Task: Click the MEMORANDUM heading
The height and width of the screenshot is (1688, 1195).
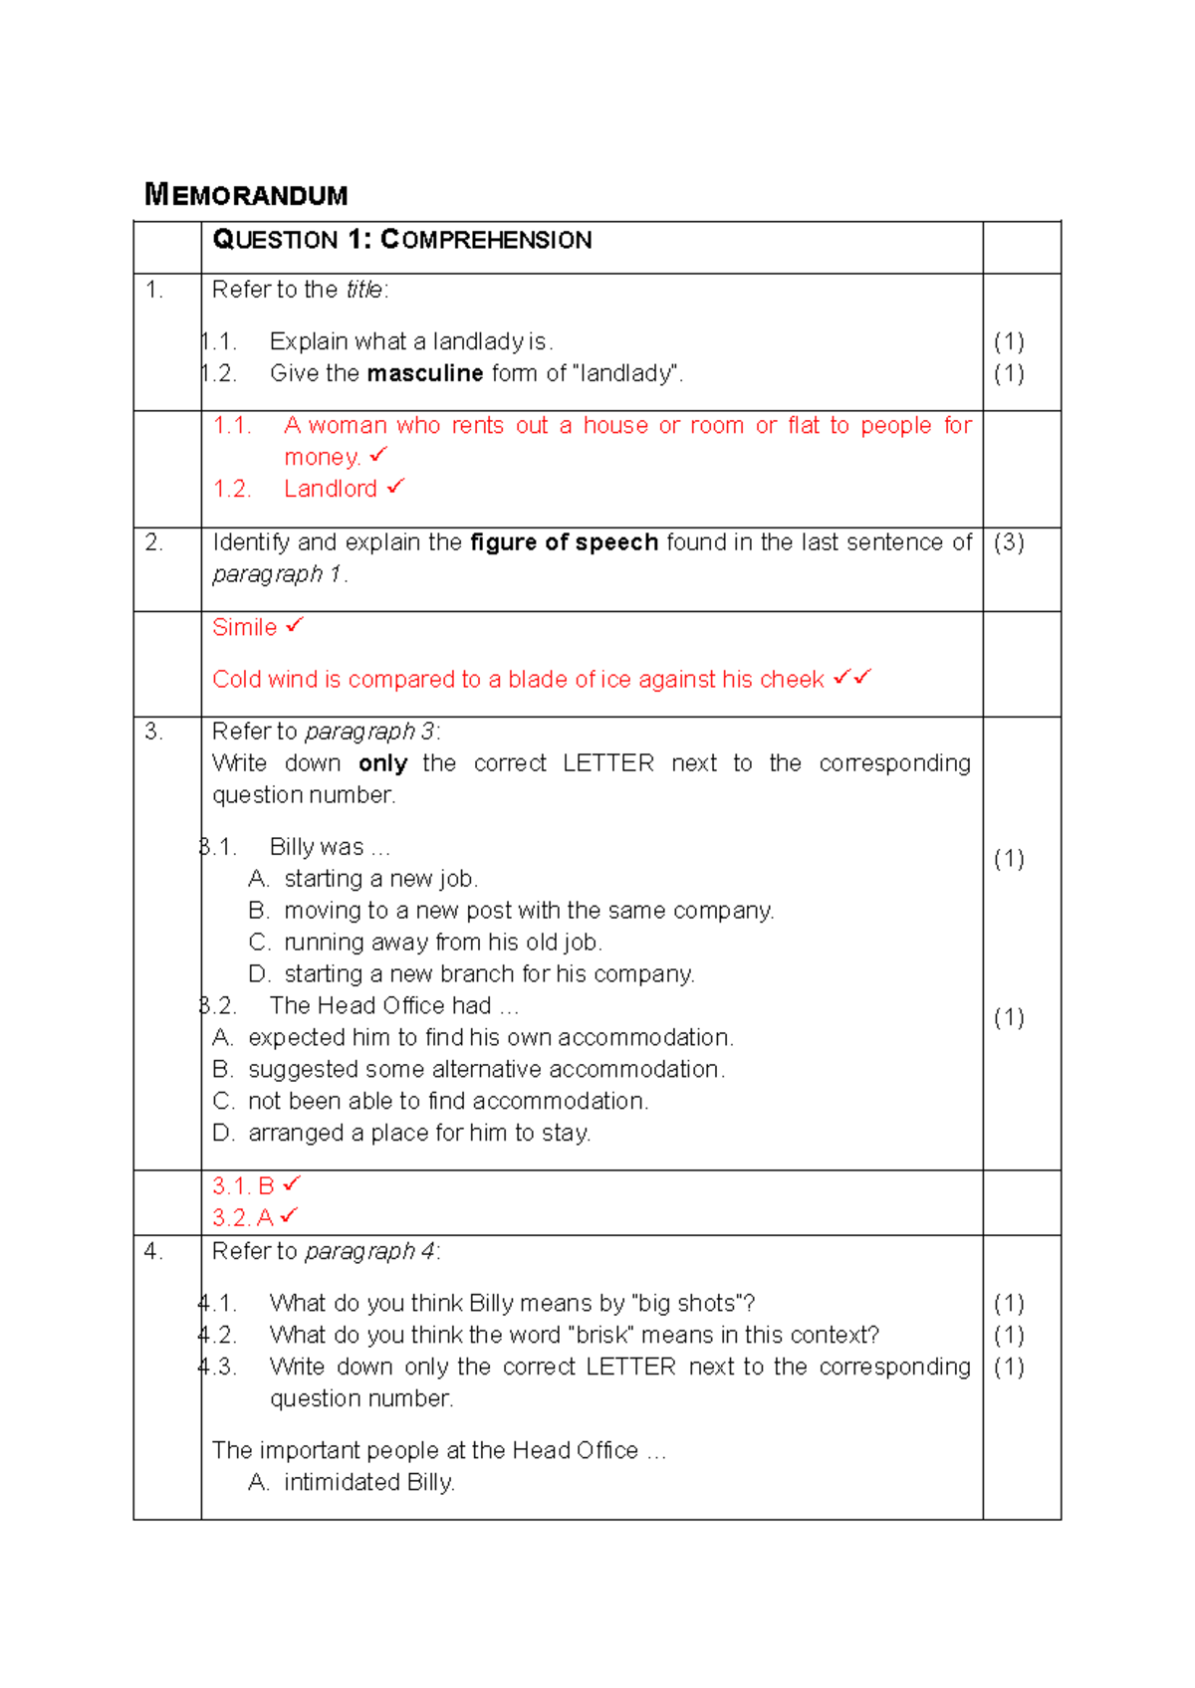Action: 246,194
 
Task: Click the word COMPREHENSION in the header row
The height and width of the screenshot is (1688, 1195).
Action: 486,240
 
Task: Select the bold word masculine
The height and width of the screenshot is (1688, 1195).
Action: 425,373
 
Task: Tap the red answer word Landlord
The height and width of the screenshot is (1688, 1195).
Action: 331,489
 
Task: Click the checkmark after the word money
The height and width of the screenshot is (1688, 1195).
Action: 378,455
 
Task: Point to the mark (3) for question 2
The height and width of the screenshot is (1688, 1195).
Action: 1009,542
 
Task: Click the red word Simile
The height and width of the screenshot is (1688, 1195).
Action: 244,627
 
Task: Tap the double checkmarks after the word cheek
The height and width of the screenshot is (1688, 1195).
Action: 852,677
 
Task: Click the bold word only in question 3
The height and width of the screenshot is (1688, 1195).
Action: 383,763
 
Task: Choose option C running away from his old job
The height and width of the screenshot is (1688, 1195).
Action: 442,943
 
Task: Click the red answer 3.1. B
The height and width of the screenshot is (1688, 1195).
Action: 243,1186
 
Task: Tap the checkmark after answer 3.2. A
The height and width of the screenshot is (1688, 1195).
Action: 289,1215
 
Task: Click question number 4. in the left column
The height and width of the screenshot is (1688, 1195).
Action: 153,1251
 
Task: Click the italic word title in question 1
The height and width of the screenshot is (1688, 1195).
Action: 364,290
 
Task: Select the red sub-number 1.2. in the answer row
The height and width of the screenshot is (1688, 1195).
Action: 231,489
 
